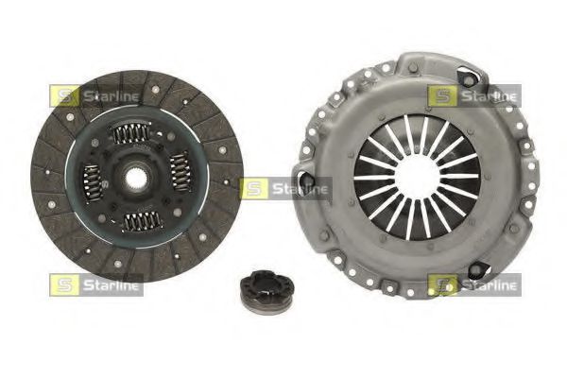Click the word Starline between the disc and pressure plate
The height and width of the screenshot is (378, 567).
tap(299, 189)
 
